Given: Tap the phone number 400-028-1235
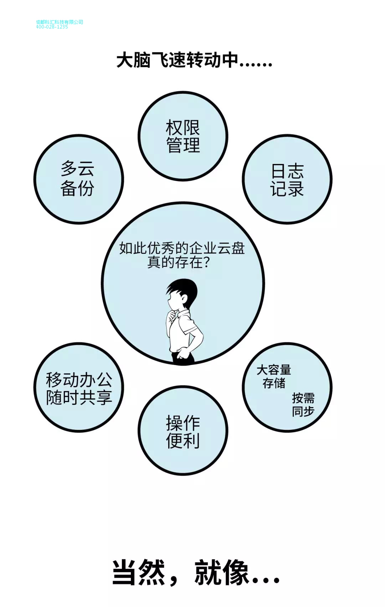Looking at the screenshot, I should pos(52,27).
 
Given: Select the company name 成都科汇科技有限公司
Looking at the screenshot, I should pos(59,22).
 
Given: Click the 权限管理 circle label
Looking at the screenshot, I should pos(183,137).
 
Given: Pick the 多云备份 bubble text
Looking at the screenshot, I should pos(77,179).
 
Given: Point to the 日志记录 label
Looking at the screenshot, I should pos(287,180).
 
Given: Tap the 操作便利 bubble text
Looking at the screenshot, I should pos(183,432).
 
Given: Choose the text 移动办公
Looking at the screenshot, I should pos(79,380).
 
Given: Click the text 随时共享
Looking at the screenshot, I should pos(79,397).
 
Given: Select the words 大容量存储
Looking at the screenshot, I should pos(274,376).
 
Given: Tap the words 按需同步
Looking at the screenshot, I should pos(303,404).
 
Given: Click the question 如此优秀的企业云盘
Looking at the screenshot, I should pos(182,248).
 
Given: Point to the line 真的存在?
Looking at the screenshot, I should pos(178,263).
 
